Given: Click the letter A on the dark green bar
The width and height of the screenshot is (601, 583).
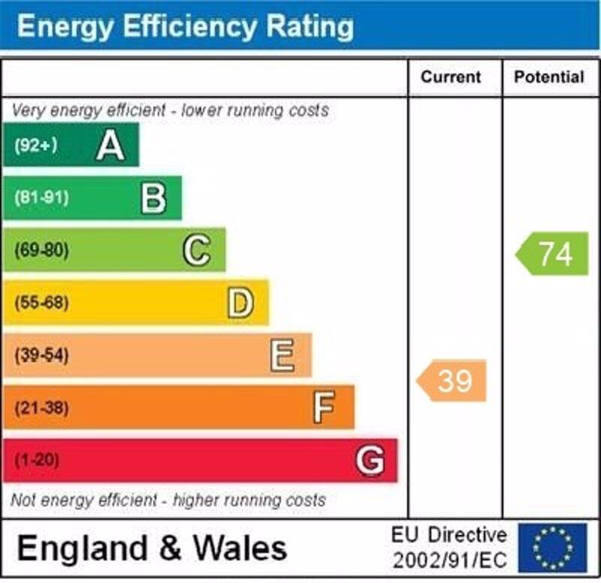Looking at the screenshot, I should coord(110,145).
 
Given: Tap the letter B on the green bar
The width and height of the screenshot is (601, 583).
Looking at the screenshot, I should coord(153,198).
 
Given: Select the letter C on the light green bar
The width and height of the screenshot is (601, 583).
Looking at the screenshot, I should coord(197,250).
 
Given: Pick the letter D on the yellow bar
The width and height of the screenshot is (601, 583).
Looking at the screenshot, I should coord(240,303).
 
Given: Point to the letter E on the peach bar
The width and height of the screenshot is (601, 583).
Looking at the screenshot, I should coord(282,355).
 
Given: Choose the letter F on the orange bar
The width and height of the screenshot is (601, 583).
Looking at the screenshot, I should coord(324,408).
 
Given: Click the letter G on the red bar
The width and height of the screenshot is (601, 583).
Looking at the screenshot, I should coord(370,460).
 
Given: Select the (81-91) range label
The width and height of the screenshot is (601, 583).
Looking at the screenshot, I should coord(41,198).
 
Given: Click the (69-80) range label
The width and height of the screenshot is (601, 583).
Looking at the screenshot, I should coord(41,251).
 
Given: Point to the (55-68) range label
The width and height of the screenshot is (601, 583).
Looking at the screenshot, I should coord(41,304).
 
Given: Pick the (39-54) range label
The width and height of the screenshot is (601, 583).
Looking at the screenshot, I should coord(41,355).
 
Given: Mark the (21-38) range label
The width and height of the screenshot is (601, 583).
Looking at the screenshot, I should coord(41,408).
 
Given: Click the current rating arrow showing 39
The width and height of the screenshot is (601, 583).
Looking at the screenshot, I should coord(452,381).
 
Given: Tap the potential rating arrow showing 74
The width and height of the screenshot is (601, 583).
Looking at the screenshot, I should coord(554,254).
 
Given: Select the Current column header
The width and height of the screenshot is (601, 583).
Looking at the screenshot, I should coord(451,77).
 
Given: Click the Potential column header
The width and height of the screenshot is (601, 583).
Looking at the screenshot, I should coord(549,77).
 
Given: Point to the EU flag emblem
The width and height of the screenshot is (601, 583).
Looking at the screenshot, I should coord(552,547).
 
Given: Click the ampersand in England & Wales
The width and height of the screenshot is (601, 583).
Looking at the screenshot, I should coord(171,548).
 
